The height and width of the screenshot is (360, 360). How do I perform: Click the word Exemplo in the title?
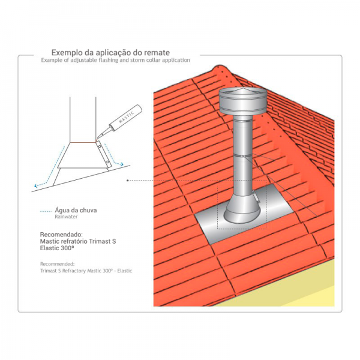coord(67,53)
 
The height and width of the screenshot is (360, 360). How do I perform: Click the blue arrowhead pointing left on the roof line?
coord(36,185)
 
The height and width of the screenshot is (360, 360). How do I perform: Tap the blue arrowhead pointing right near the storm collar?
coord(122,164)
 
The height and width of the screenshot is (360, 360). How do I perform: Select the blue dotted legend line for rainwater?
coord(46,211)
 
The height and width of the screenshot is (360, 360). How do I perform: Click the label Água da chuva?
coord(76,210)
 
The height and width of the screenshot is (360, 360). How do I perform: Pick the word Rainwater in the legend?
coord(66,217)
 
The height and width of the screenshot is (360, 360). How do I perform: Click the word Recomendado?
coord(61,235)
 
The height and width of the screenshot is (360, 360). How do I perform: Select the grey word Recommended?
coord(58,264)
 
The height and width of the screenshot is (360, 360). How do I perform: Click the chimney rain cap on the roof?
coord(243,101)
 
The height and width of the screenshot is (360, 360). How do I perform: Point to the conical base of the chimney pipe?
coord(242,209)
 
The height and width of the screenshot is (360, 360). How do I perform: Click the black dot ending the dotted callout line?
coord(128,181)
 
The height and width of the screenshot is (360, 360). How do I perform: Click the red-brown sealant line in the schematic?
coord(83,142)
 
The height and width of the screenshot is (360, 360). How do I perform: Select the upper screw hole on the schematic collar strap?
coord(100,146)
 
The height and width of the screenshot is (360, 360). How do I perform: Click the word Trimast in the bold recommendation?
coord(100,242)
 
